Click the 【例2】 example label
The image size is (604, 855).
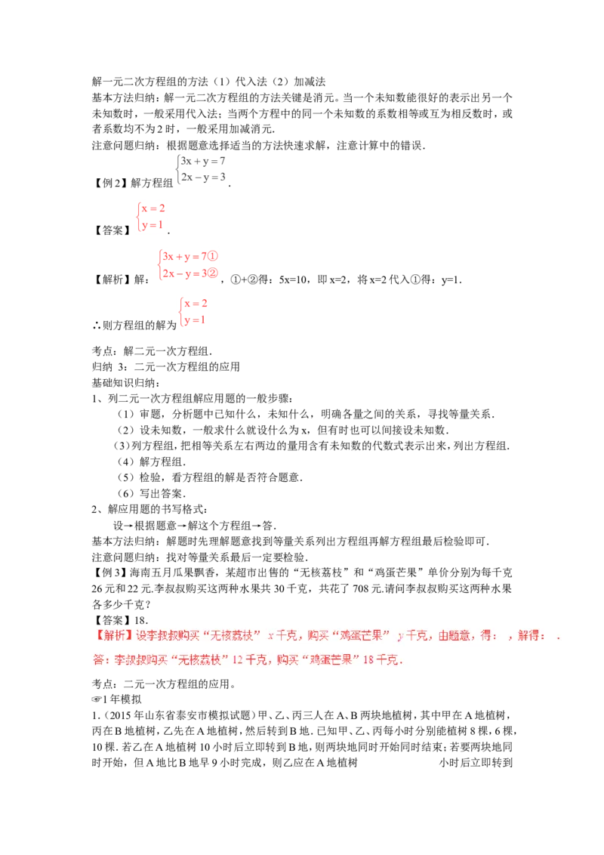tap(111, 184)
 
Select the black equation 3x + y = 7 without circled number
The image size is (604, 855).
tap(203, 162)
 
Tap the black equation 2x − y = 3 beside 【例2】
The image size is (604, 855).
tap(203, 177)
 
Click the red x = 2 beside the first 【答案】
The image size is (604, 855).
tap(153, 208)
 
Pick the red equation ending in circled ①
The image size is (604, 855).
tap(190, 256)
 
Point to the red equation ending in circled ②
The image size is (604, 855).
tap(190, 273)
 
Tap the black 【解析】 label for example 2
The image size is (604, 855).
tap(112, 279)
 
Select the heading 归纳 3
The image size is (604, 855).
tap(109, 366)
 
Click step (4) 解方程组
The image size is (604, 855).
tap(150, 461)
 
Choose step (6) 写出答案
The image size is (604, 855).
tap(150, 493)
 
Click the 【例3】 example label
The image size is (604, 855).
tap(111, 573)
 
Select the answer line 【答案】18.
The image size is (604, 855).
tap(120, 621)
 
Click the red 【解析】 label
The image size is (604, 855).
tap(113, 636)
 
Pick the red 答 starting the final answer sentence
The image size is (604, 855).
tap(99, 660)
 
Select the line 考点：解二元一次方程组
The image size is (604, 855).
tap(152, 350)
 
